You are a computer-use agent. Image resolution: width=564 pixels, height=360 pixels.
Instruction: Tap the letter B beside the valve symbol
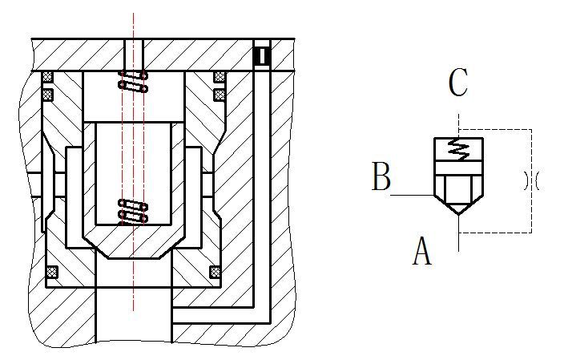(381, 177)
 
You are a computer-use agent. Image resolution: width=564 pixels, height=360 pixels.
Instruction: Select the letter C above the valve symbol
(457, 83)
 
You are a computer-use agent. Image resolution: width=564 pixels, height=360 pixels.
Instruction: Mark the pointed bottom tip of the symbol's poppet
(457, 212)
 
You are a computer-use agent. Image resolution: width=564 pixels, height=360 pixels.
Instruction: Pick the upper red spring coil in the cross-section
(133, 81)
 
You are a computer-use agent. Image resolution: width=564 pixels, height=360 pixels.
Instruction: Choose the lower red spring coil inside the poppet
(133, 211)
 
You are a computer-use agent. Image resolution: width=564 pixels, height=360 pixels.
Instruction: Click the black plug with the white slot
(261, 56)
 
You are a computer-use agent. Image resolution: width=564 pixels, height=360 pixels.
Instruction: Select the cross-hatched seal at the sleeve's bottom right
(216, 273)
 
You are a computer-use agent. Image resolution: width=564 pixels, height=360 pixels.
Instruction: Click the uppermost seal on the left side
(47, 78)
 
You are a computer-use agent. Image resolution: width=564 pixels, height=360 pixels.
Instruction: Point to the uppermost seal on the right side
(220, 78)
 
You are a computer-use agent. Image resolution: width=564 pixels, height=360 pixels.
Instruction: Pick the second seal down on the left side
(47, 95)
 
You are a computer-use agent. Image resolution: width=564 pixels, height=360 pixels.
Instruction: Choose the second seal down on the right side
(220, 95)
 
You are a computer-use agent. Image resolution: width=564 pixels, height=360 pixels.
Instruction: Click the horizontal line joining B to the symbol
(413, 195)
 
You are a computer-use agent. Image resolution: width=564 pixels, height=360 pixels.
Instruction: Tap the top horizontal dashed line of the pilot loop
(497, 129)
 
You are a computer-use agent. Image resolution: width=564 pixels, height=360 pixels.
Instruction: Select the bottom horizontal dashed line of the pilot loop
(497, 233)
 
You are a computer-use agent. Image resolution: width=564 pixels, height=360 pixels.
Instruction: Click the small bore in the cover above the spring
(134, 55)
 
